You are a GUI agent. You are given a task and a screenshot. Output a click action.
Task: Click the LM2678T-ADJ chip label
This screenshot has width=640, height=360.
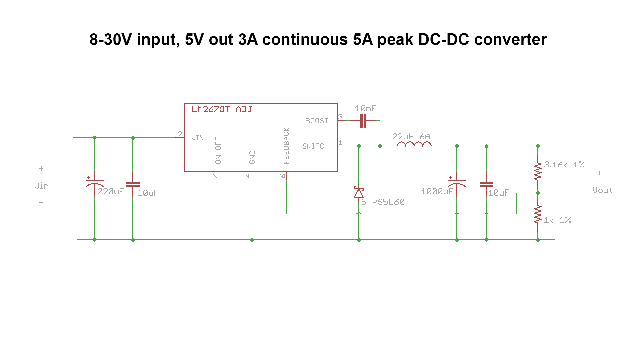[222, 109]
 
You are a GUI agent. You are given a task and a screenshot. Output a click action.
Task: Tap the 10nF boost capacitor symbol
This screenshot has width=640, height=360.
[363, 121]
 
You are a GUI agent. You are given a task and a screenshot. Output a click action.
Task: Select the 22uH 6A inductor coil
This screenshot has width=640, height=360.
[414, 145]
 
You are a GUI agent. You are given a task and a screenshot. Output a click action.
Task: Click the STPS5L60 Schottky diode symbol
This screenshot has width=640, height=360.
[359, 193]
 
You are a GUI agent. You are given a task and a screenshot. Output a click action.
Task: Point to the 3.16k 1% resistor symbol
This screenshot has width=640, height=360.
[537, 171]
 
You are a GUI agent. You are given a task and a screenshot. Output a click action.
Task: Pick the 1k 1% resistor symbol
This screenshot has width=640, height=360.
[537, 214]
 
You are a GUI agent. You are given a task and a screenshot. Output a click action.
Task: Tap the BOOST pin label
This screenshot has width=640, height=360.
[317, 121]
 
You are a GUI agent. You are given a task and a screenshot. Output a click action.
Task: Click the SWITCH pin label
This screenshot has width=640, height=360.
[315, 146]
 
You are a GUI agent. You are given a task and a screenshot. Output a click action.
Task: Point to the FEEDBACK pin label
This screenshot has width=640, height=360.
[286, 146]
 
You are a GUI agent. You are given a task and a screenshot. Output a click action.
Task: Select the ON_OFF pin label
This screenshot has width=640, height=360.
[218, 150]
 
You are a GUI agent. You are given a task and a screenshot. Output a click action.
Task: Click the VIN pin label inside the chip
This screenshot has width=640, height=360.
[197, 138]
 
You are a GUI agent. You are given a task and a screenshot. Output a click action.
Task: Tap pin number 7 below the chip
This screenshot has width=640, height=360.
[214, 176]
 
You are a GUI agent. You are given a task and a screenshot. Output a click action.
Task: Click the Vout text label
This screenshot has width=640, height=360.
[602, 190]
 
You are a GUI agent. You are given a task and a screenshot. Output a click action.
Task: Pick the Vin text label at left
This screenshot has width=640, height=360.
[41, 186]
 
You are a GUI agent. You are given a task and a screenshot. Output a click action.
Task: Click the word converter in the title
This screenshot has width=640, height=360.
[510, 40]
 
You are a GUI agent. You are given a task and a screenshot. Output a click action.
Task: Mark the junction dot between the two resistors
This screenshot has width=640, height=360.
[538, 193]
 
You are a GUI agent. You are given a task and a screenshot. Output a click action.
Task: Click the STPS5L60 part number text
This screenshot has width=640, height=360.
[383, 202]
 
